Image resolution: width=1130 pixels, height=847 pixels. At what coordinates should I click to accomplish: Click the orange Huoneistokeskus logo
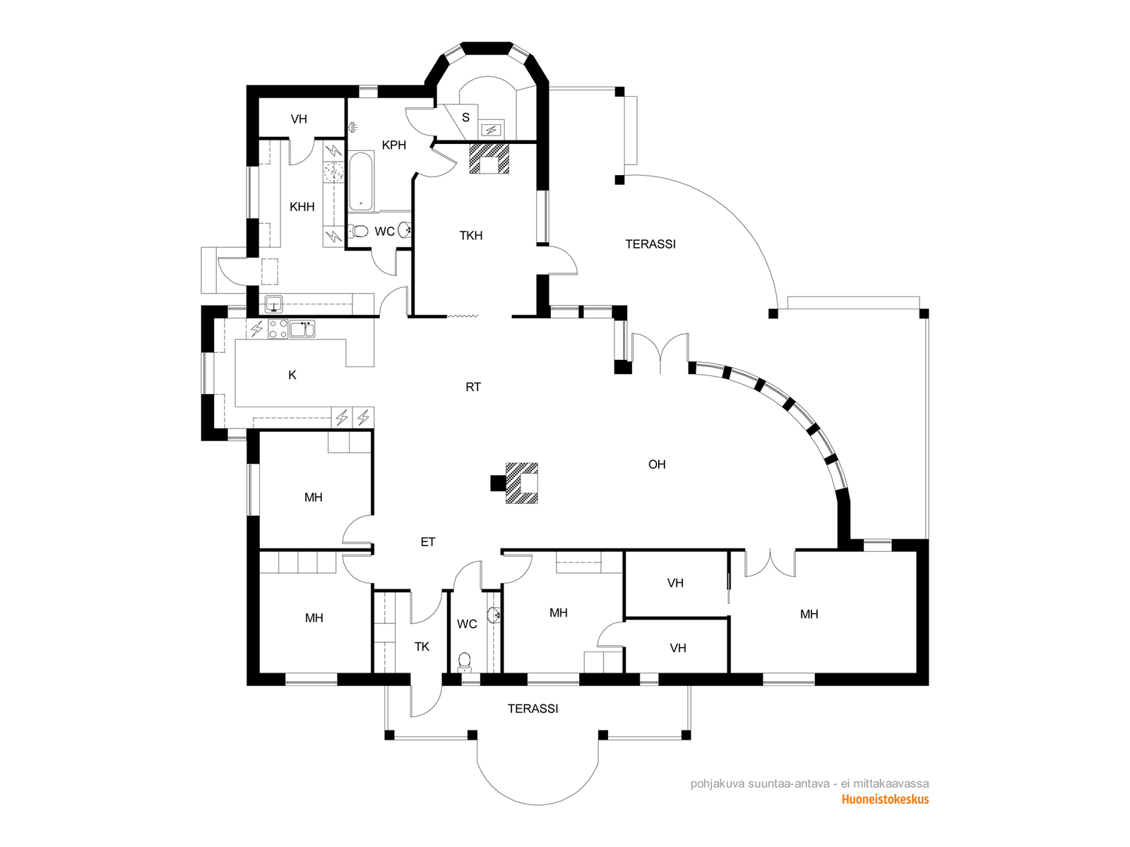tap(885, 800)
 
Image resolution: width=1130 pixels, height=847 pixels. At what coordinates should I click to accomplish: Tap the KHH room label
tap(302, 207)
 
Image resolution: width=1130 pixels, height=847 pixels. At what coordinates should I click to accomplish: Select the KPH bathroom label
tap(394, 145)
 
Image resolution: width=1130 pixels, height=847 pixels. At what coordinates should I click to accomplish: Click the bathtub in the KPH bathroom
tap(361, 181)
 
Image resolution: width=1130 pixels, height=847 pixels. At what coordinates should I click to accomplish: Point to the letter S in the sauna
tap(466, 118)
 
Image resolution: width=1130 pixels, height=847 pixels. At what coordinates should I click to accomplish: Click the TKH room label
tap(471, 236)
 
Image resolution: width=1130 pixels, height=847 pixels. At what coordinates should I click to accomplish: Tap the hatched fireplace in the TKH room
tap(489, 159)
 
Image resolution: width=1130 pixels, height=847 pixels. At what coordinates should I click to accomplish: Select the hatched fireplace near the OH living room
tap(521, 483)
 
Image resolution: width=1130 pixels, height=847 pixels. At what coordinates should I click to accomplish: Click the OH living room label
tap(657, 464)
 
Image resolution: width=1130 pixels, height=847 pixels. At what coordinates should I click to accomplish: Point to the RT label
tap(473, 387)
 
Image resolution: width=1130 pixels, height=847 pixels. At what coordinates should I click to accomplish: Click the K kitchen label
tap(292, 376)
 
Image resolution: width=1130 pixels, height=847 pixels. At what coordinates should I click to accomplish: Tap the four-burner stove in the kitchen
tap(278, 329)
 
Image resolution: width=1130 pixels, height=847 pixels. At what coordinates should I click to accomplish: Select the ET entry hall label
tap(428, 541)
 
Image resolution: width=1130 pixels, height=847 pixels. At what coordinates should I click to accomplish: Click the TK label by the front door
tap(422, 647)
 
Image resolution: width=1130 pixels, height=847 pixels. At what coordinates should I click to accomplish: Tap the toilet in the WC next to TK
tap(465, 662)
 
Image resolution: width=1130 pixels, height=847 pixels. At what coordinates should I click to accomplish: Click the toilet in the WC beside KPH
tap(358, 232)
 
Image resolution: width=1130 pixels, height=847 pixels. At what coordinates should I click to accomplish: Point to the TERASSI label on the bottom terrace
tap(533, 709)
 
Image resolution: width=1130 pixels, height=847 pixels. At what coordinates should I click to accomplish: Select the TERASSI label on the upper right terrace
tap(650, 244)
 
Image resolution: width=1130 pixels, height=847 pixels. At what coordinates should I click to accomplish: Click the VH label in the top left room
tap(299, 119)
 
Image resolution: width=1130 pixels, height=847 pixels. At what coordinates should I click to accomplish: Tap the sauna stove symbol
tap(492, 130)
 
